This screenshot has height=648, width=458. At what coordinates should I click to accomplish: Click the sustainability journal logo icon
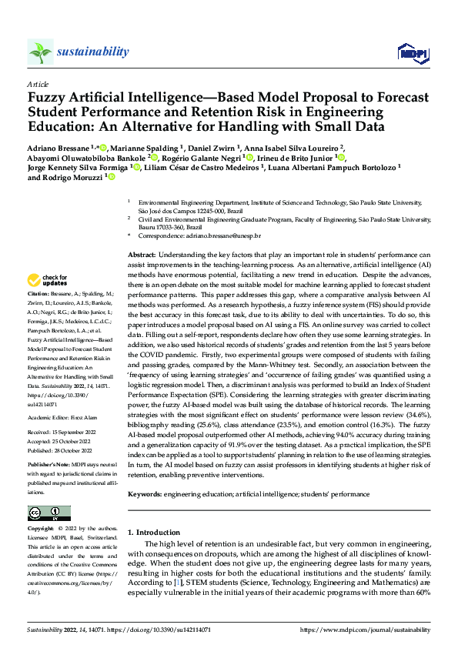[40, 52]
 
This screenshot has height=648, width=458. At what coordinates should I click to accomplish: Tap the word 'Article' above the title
[37, 83]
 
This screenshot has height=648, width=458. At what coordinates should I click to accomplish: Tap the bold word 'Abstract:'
[142, 254]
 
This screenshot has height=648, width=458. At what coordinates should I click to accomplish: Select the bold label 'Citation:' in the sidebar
[39, 295]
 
